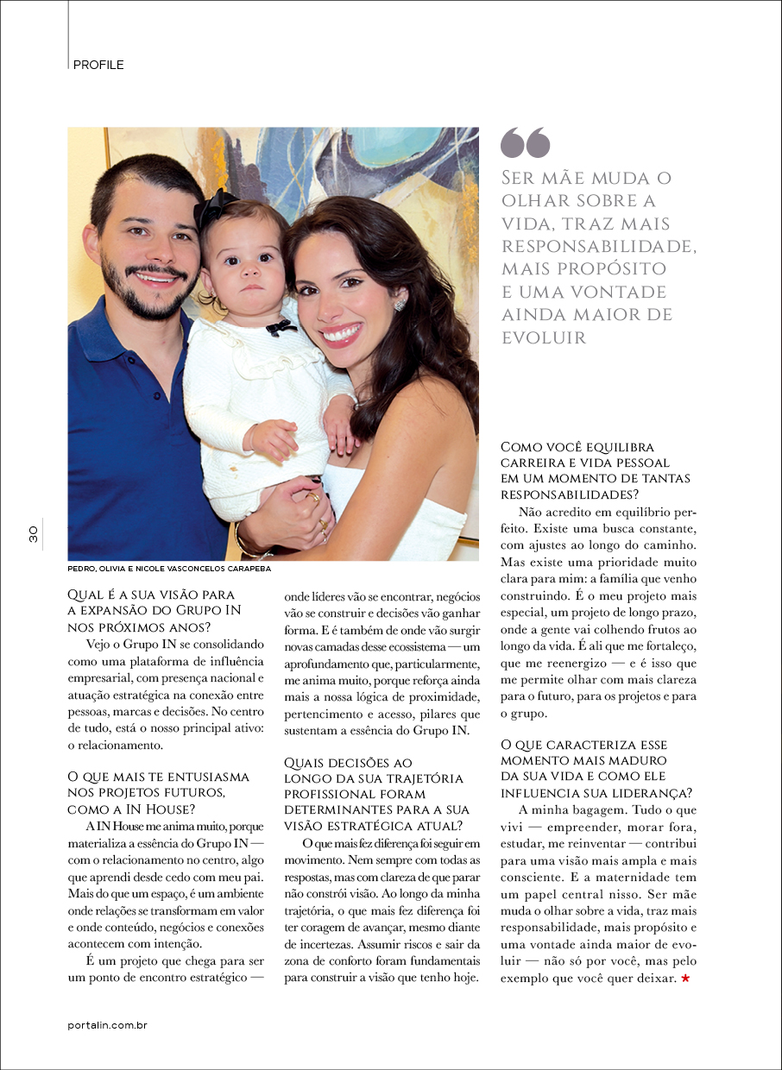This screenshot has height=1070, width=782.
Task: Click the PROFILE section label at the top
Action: tap(98, 65)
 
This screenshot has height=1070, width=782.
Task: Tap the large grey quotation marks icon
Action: tap(525, 143)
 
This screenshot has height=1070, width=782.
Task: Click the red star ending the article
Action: tap(685, 979)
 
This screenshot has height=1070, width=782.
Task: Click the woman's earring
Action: tap(400, 305)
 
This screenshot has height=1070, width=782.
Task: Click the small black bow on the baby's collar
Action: tap(280, 327)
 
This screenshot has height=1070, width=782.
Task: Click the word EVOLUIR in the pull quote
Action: tap(544, 337)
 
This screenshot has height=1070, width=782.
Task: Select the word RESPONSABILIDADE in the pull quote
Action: tap(599, 247)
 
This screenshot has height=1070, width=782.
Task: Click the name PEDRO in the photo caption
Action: tap(84, 570)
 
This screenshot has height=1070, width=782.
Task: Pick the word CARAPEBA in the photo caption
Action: tap(245, 570)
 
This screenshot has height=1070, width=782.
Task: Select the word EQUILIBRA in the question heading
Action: tap(619, 447)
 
